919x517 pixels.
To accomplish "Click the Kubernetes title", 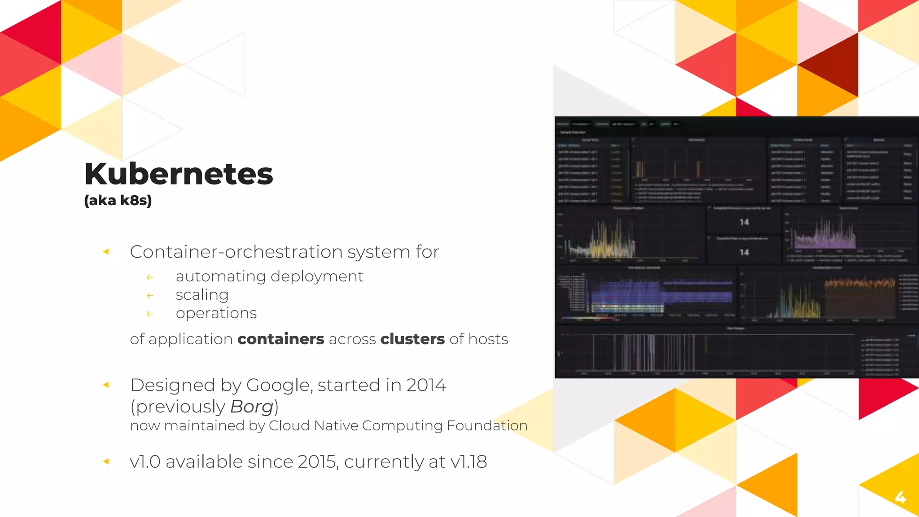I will point(179,174).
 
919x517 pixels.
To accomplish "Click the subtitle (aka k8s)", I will point(118,200).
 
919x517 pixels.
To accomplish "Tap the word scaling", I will point(202,295).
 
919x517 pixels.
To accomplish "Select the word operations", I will point(216,313).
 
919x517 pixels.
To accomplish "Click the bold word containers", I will point(280,339).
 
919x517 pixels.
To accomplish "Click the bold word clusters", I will point(412,339).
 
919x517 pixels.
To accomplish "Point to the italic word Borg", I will point(251,407).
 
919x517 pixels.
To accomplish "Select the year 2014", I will point(426,386).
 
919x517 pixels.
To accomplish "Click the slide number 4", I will point(900,497).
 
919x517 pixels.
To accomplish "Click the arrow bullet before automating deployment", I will point(150,277).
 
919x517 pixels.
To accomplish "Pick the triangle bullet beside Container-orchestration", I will point(106,252).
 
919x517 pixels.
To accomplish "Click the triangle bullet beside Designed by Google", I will point(106,385).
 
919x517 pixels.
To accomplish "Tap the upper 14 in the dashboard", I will point(744,222).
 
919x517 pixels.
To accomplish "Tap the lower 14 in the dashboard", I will point(744,252).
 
